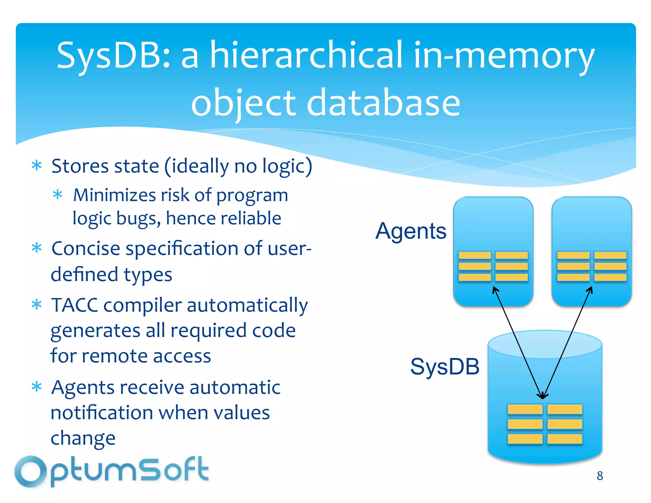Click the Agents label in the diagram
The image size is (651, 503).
(411, 231)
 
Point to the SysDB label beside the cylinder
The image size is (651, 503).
(445, 367)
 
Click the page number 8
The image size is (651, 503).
(600, 476)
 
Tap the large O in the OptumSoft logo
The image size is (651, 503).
(31, 472)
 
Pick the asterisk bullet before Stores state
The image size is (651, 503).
(37, 166)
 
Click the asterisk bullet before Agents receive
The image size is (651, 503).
(37, 387)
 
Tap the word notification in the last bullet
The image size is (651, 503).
(102, 413)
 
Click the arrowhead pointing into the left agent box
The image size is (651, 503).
(495, 289)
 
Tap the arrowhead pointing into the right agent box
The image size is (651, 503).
(590, 289)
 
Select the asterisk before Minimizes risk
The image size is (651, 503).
(58, 195)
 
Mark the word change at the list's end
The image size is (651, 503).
(83, 438)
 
